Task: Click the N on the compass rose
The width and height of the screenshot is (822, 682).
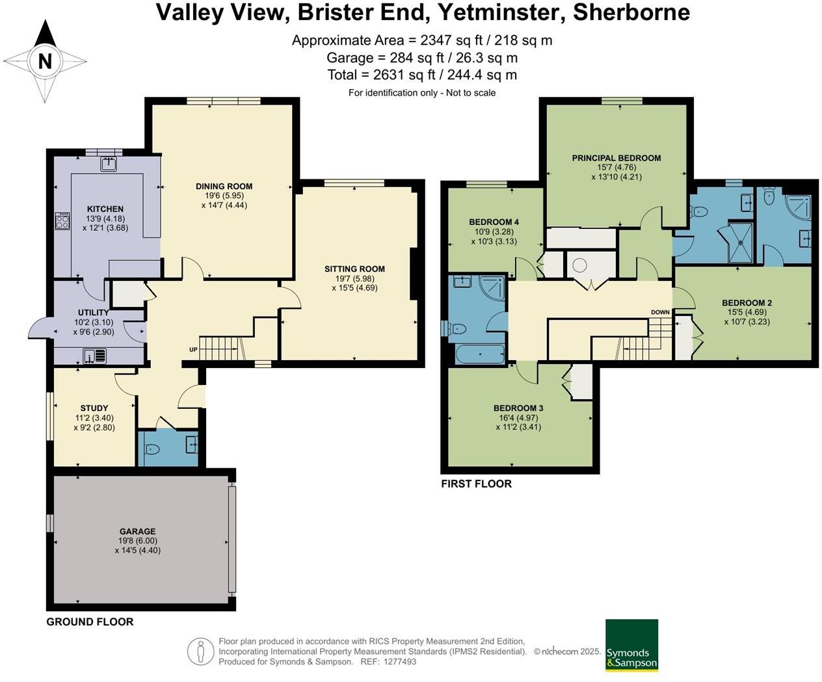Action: [x=45, y=61]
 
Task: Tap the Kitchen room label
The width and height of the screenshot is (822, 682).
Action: [x=105, y=209]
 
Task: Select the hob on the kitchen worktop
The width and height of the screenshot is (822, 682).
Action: [x=62, y=221]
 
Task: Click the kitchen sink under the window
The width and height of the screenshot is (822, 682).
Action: [x=108, y=164]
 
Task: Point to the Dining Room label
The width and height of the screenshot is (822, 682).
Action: [x=224, y=186]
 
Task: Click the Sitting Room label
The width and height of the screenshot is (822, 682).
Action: [x=354, y=269]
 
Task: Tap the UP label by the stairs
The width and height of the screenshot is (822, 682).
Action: [x=193, y=349]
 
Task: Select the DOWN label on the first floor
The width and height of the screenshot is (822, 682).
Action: [x=660, y=312]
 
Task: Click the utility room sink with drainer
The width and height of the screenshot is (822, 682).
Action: [x=95, y=356]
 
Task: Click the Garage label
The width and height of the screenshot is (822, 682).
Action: [x=137, y=531]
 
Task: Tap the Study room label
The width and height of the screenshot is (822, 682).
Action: [x=94, y=408]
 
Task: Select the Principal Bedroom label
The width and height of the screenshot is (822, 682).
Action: [x=616, y=158]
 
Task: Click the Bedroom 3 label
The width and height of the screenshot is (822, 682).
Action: [x=518, y=408]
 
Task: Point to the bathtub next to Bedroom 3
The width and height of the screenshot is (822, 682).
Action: [x=479, y=354]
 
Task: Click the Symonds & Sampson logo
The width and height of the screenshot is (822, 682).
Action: [x=631, y=651]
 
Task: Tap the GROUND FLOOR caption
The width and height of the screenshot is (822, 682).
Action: [x=90, y=622]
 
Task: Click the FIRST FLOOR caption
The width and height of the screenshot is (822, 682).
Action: [x=476, y=484]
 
